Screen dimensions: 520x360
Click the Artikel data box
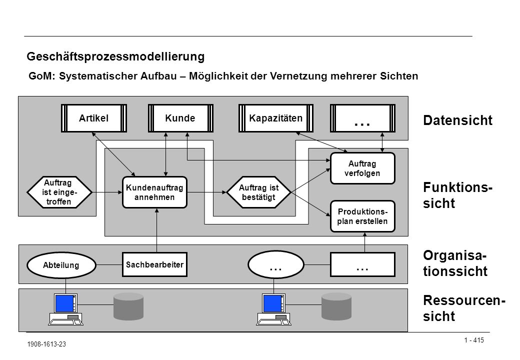click(94, 118)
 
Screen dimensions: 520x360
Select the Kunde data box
click(180, 118)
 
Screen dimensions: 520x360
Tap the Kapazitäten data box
click(276, 118)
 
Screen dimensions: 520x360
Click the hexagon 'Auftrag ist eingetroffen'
click(59, 192)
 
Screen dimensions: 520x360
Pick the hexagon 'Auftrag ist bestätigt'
click(258, 192)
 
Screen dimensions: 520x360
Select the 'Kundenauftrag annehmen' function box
click(154, 192)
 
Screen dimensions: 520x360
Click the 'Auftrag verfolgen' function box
click(362, 168)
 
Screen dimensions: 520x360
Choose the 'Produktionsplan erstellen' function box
click(362, 216)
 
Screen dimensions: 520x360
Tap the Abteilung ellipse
click(61, 265)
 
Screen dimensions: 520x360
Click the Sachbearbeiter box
click(154, 264)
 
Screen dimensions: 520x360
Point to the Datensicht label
click(457, 120)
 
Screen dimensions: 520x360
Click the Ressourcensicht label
click(463, 308)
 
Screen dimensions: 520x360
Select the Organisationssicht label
click(455, 263)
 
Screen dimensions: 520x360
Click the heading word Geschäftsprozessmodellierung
click(115, 56)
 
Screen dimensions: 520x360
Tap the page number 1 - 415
click(474, 340)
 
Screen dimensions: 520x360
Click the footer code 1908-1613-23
click(46, 344)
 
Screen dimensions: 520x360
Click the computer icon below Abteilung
click(66, 309)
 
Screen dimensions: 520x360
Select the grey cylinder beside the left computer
click(128, 306)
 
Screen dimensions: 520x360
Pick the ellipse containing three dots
click(276, 265)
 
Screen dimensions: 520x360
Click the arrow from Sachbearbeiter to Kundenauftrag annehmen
click(157, 230)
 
